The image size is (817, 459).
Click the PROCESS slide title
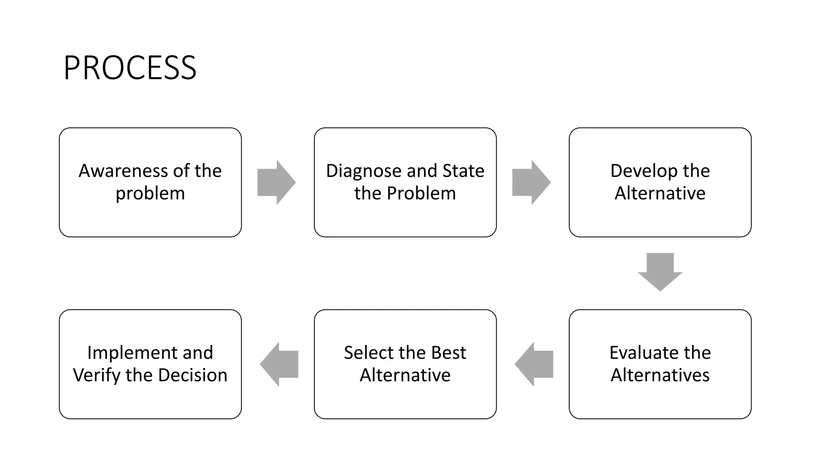point(130,68)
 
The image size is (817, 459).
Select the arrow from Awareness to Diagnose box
point(276,182)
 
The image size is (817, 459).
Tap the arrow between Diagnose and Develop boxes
point(531,182)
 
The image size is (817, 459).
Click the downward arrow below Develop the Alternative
point(660,272)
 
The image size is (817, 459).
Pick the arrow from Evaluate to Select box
point(534,364)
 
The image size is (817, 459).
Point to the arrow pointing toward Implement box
point(279,364)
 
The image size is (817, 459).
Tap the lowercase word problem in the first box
point(150,194)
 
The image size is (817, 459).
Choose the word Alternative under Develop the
point(660,193)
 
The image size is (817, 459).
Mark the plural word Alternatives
point(660,375)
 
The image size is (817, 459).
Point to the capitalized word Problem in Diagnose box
point(421,193)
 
